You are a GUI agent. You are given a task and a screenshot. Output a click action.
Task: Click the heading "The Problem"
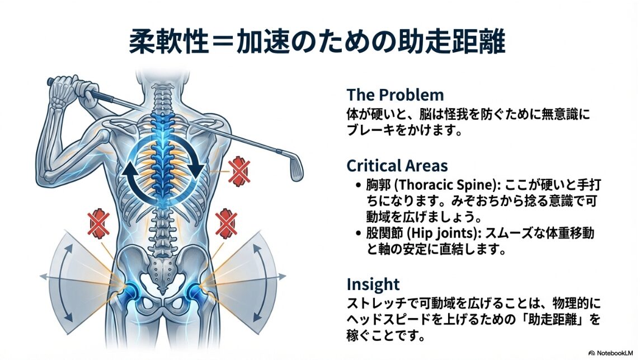click(395, 95)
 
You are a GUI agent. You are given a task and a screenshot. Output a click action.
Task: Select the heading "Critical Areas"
click(397, 166)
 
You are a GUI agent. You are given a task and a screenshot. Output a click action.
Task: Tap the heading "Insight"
click(373, 284)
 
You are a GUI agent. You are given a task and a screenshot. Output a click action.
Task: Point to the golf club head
click(296, 167)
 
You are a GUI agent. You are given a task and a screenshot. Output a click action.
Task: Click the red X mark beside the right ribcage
click(239, 171)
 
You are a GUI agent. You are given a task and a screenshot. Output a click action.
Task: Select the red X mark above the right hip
click(226, 223)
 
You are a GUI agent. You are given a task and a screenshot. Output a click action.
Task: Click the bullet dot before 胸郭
click(359, 185)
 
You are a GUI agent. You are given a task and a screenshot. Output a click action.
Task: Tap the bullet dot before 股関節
click(359, 233)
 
